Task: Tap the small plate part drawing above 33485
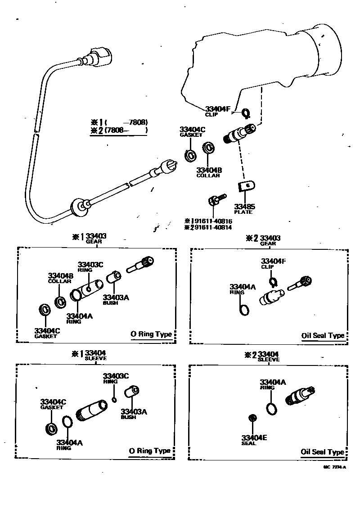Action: coord(246,186)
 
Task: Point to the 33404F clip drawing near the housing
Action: coord(246,113)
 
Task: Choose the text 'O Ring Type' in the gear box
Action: coord(151,334)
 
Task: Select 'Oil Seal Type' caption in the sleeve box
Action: coord(322,452)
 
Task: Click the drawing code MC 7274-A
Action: coord(334,468)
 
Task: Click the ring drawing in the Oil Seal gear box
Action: coord(244,310)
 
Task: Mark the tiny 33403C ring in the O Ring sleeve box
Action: coord(115,399)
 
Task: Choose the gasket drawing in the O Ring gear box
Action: coord(45,310)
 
